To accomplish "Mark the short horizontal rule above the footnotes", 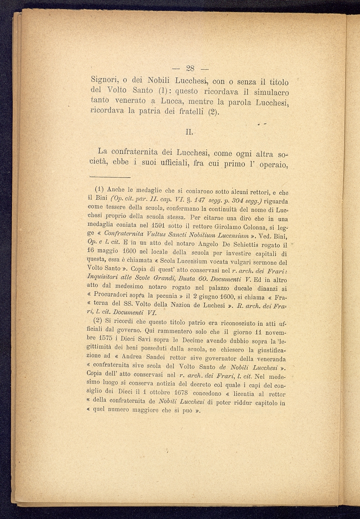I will click(110, 177).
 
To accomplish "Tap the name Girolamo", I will click(227, 237).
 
